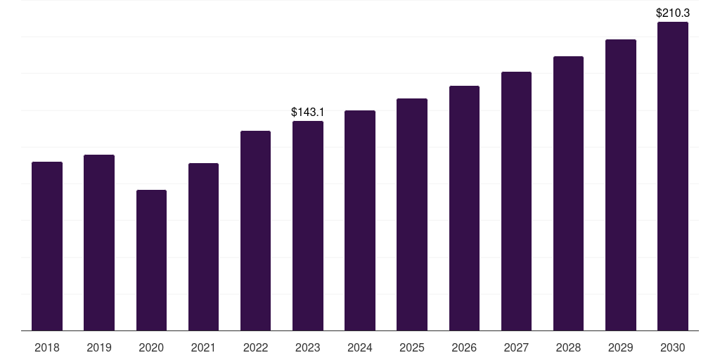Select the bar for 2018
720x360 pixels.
point(47,246)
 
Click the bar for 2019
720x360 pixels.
point(99,243)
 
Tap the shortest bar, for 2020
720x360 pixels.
point(152,260)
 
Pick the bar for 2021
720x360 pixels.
point(203,247)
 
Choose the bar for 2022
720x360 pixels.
point(255,231)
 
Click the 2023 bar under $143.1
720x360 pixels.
point(308,226)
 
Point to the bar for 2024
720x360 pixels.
point(360,220)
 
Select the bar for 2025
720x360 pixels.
point(412,214)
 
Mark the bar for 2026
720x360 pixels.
point(464,208)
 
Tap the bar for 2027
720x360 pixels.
point(516,201)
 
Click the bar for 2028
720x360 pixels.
point(568,193)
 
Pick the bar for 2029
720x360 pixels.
point(621,185)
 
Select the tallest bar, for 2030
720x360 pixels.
point(673,176)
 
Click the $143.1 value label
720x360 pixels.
point(308,112)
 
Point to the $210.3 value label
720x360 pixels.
point(673,13)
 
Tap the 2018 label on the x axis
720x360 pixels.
point(47,347)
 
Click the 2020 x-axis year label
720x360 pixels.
point(152,347)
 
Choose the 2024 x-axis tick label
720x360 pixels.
point(360,347)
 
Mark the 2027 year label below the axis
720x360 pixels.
point(516,347)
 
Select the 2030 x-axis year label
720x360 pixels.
point(673,347)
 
